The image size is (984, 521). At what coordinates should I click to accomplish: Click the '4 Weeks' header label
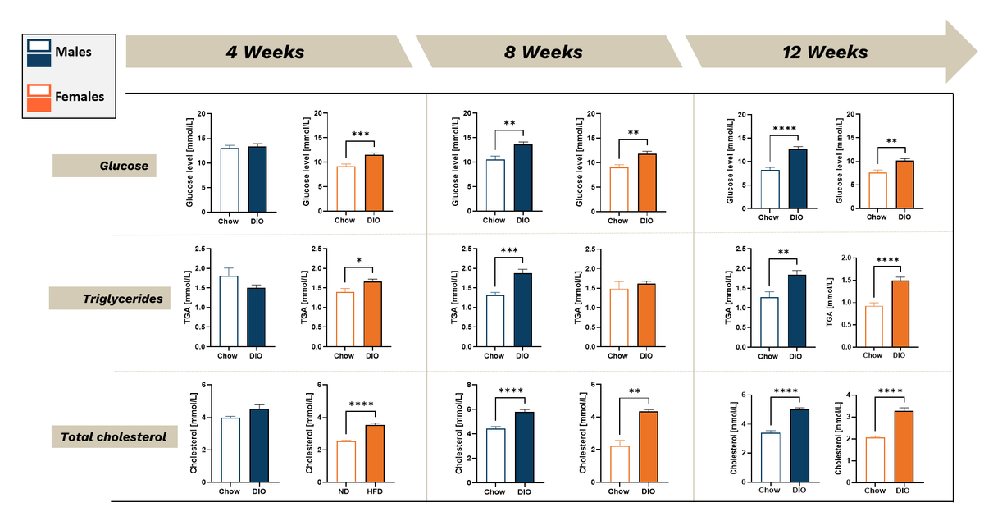pos(265,53)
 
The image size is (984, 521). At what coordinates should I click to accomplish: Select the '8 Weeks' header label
pos(543,53)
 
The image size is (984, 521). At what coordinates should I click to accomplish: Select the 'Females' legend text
pos(80,97)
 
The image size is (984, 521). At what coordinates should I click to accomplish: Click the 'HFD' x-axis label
pos(373,491)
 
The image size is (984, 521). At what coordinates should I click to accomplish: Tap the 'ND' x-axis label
pos(344,491)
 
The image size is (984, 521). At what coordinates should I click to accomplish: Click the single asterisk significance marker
pos(358,262)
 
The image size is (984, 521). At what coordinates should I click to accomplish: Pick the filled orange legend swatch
pos(39,104)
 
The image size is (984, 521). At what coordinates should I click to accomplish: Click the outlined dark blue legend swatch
pos(39,46)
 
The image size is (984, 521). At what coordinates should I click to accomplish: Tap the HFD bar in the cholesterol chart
pos(373,454)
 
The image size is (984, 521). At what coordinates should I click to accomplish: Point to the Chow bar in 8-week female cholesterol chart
pos(619,464)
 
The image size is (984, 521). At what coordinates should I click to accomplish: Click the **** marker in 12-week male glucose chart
pos(782,129)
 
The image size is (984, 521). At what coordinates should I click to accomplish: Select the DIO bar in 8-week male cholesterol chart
pos(524,447)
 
